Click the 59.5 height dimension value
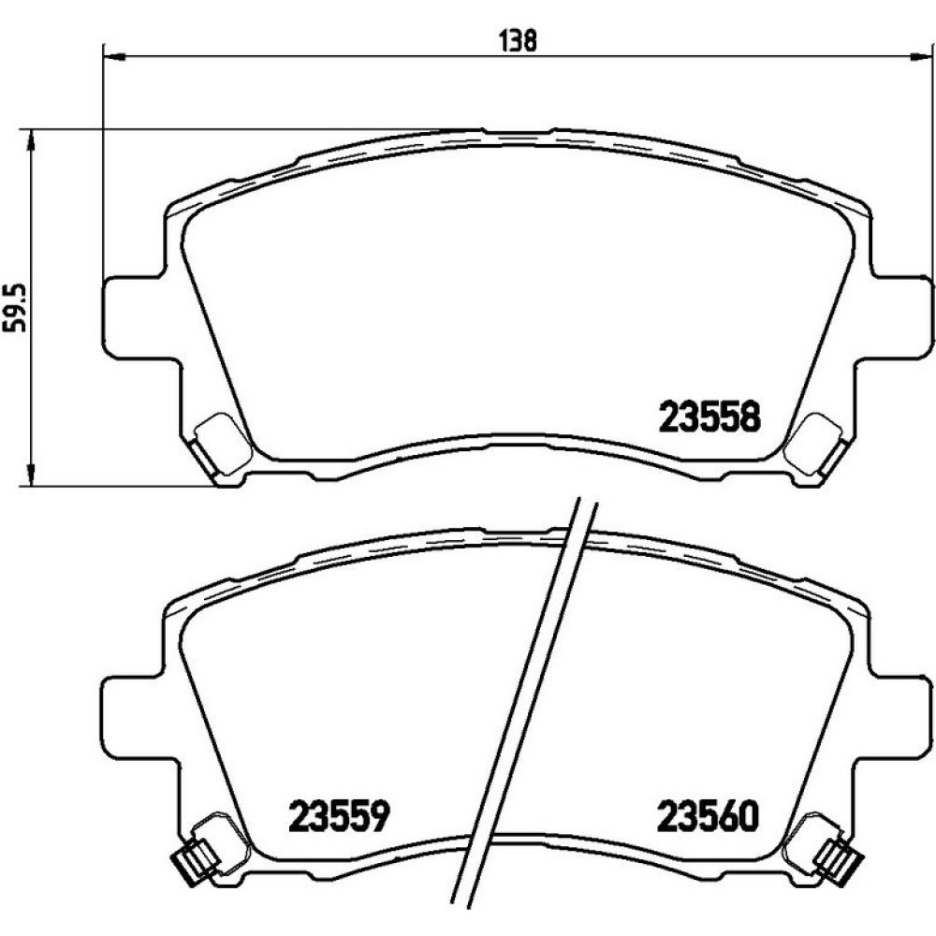click(x=17, y=307)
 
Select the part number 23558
click(x=709, y=417)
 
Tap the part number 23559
click(x=339, y=815)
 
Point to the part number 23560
click(x=708, y=815)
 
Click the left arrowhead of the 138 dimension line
click(x=114, y=57)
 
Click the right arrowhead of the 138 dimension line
click(x=918, y=57)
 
